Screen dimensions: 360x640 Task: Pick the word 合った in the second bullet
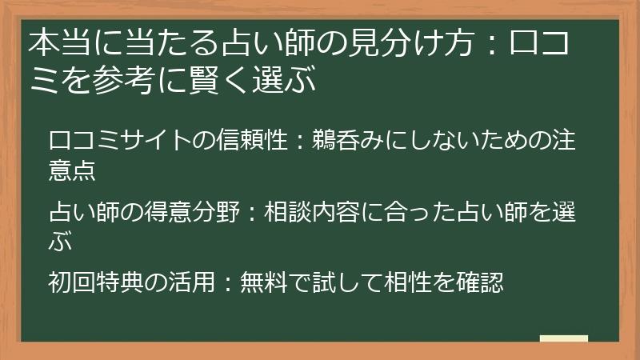point(417,213)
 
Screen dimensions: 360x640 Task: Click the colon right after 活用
point(226,283)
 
